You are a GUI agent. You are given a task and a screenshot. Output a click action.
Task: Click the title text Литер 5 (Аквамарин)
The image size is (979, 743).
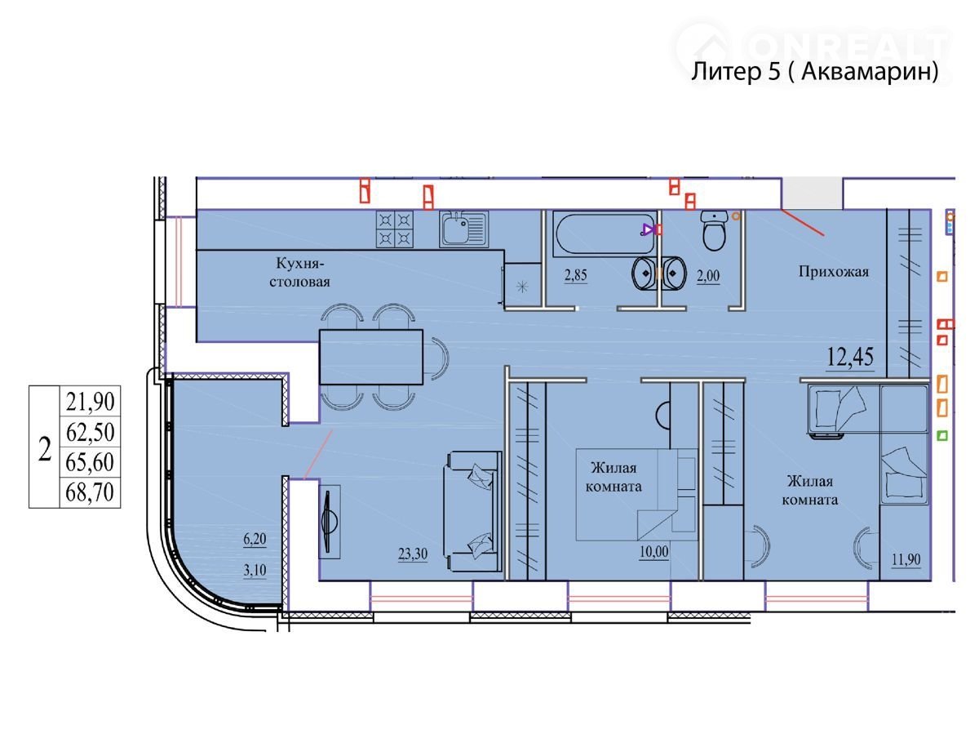coord(814,71)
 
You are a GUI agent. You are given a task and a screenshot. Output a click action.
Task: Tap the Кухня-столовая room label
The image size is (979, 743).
coord(299,272)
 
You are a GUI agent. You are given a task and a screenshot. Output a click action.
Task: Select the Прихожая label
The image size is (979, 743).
coord(833,271)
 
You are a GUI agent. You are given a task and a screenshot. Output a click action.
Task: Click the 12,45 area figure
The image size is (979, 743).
coord(849,357)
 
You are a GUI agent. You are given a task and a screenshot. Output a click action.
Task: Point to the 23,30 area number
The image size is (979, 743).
coord(413,554)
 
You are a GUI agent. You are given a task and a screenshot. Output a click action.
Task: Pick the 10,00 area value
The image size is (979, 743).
coord(653,552)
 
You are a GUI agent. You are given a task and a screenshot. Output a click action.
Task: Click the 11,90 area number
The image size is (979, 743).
coord(906,559)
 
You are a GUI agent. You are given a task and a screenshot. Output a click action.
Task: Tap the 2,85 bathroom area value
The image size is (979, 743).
coord(575,275)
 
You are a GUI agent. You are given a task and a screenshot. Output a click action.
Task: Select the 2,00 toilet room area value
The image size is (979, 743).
coord(708,276)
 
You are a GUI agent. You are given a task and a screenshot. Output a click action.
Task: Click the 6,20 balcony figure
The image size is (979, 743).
coord(255,539)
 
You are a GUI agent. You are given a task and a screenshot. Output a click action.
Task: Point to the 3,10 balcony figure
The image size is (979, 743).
coord(255,570)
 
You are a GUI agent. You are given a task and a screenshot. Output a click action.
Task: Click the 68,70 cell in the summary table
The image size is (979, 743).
coord(90,492)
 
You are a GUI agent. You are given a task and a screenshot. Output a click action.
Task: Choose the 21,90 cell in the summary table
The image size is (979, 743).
coord(90,401)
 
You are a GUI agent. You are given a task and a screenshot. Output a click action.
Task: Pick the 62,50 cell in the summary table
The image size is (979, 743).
coord(90,432)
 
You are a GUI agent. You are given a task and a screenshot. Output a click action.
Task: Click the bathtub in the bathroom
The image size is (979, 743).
coord(605,234)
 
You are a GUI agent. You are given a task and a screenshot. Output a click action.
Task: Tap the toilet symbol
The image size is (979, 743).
coord(714,230)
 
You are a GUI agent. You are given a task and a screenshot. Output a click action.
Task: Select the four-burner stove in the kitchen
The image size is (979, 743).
coord(395,229)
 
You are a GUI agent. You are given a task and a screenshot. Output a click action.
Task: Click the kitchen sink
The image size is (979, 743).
coord(464,229)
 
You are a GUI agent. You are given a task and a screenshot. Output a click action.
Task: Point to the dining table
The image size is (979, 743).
coord(371,357)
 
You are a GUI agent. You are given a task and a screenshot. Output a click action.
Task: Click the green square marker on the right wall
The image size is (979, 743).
coord(942,435)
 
